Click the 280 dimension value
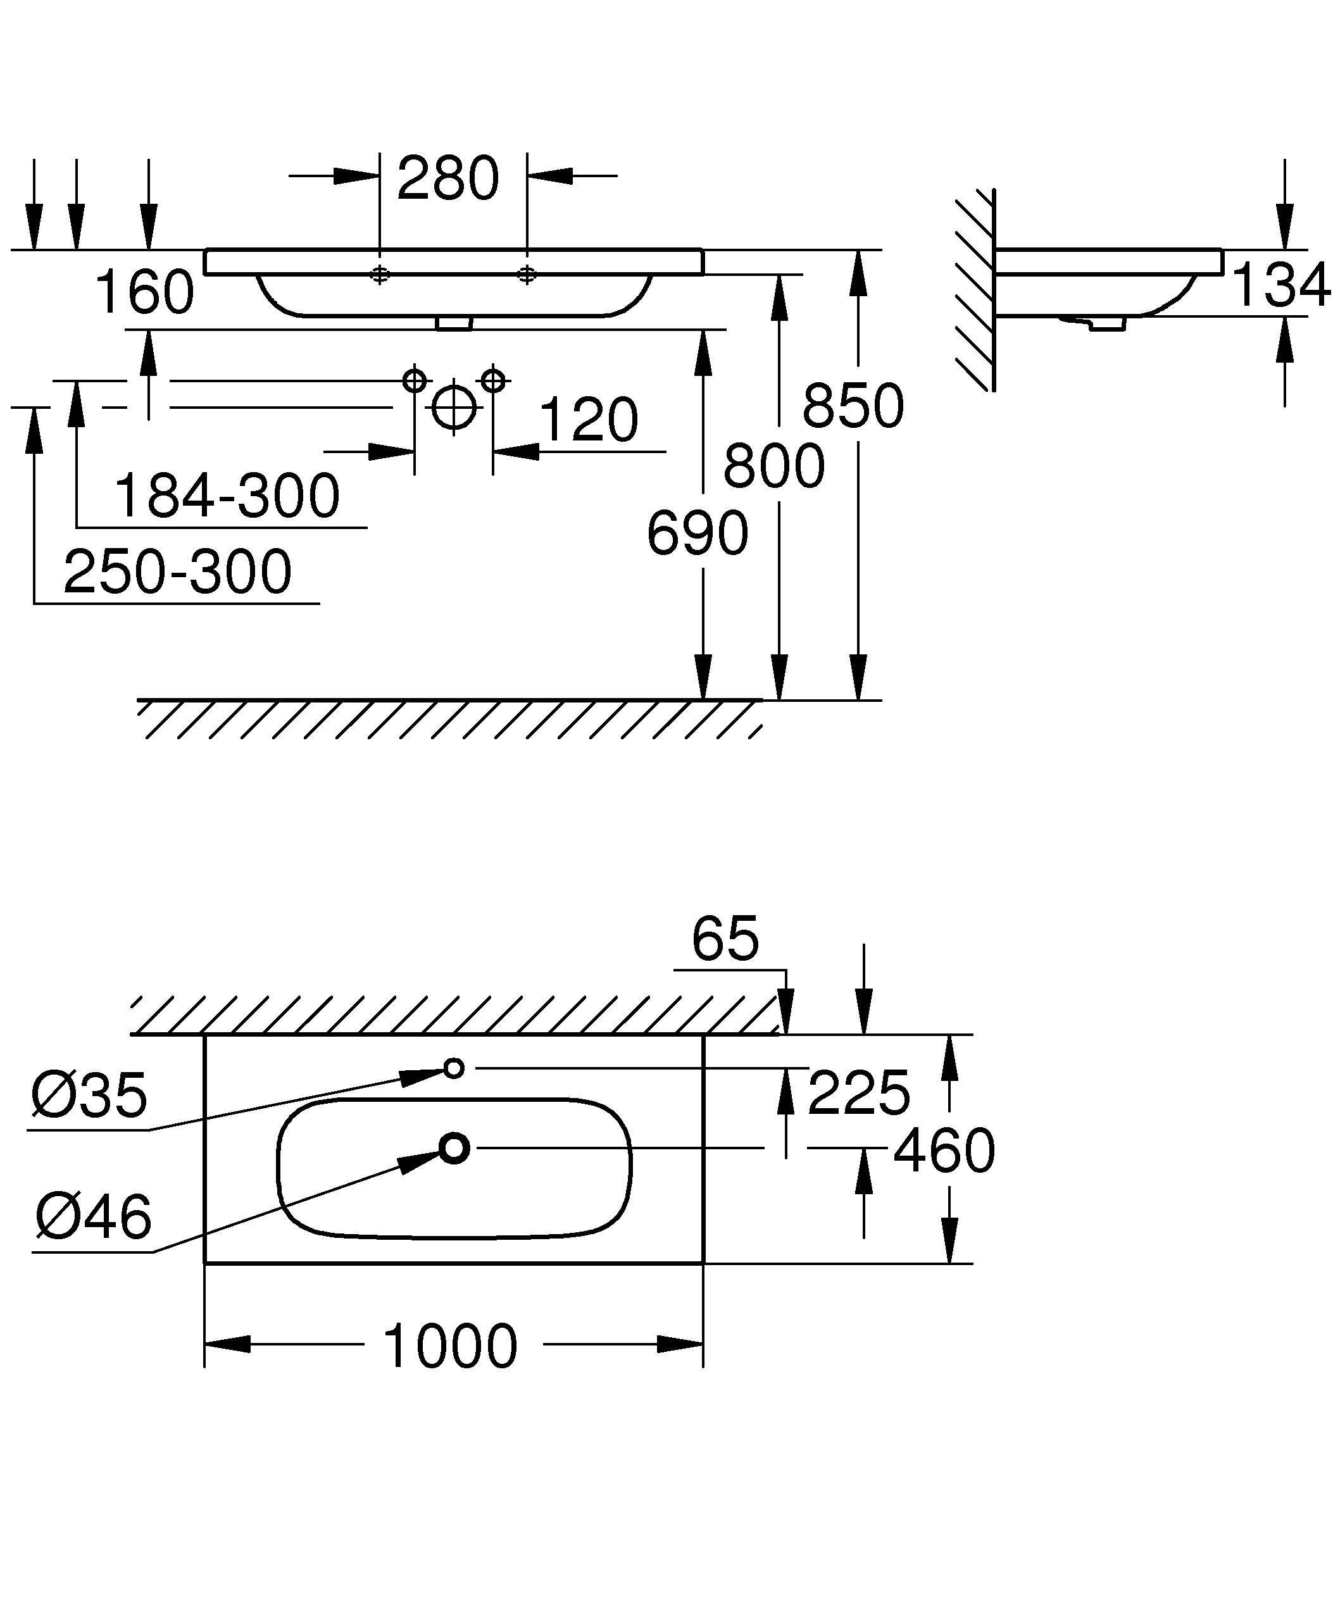click(x=447, y=180)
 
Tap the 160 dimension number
click(x=144, y=293)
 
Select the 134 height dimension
click(x=1280, y=285)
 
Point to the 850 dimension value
click(x=853, y=406)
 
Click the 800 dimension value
click(x=773, y=466)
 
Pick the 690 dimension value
click(x=697, y=534)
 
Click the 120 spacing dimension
click(x=588, y=420)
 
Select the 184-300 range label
click(x=227, y=496)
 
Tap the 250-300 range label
click(x=177, y=572)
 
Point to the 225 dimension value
click(x=858, y=1094)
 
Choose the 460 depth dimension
click(x=944, y=1151)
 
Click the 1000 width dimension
click(x=451, y=1347)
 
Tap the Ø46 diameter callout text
click(x=93, y=1216)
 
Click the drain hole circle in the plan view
click(x=454, y=1148)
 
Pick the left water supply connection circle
click(x=414, y=380)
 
